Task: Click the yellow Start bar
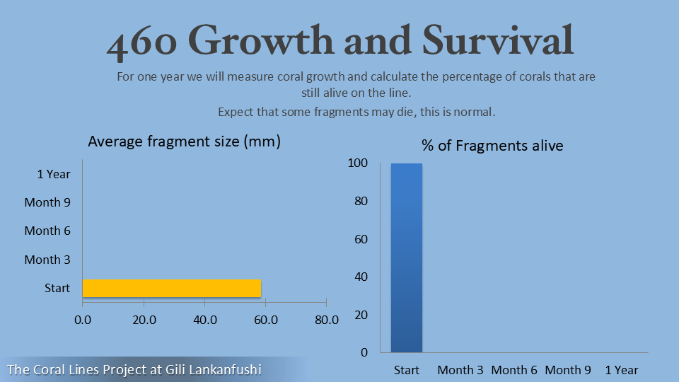point(172,289)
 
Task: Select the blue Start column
point(407,257)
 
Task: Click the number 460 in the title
point(142,42)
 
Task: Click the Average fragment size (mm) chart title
point(184,141)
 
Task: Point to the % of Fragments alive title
point(492,146)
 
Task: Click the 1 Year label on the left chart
point(54,174)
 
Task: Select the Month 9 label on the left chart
point(47,202)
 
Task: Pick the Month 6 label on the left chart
point(47,231)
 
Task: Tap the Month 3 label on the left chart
point(47,260)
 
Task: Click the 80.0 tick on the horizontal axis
point(326,320)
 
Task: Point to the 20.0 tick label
point(144,320)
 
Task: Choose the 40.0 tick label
point(204,320)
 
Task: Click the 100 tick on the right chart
point(358,163)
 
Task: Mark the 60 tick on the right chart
point(361,239)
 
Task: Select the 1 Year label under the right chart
point(622,370)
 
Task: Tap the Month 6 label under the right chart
point(514,370)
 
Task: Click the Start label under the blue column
point(407,370)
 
